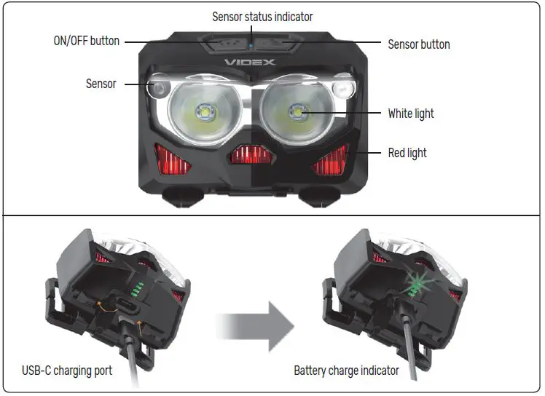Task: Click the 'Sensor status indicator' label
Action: (x=262, y=16)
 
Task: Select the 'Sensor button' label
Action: (x=418, y=44)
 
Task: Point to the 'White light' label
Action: (x=411, y=114)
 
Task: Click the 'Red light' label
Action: (x=407, y=153)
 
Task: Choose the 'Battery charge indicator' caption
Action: (x=346, y=371)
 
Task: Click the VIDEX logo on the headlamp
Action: (x=251, y=63)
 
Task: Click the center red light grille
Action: (x=251, y=154)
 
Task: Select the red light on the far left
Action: (x=171, y=158)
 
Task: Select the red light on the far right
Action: (x=330, y=159)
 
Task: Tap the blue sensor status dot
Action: (x=250, y=42)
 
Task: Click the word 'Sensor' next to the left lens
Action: (x=101, y=84)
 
